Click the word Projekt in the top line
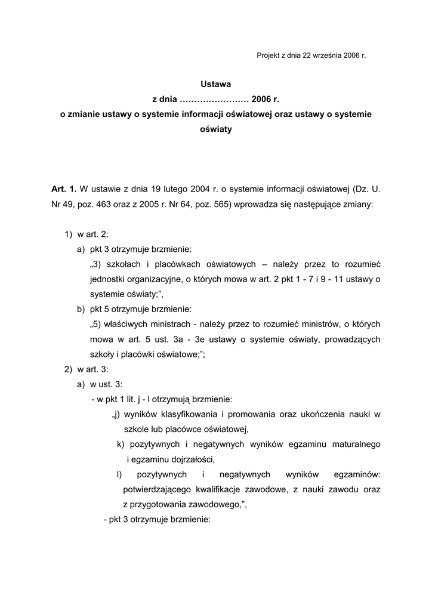tap(269, 55)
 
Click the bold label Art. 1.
tap(64, 189)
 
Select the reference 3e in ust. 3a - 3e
tap(200, 339)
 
